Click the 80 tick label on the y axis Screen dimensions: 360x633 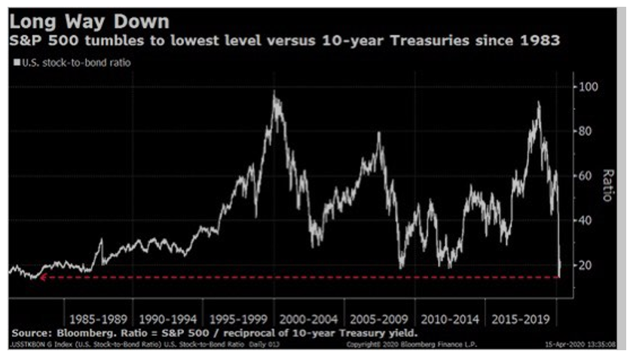[x=587, y=131]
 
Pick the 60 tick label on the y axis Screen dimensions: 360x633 [x=587, y=175]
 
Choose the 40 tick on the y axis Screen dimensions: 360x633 [x=587, y=221]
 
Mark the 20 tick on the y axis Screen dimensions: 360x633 [x=587, y=265]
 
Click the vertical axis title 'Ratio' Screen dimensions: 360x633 [x=607, y=185]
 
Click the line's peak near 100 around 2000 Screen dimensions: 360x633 [x=274, y=92]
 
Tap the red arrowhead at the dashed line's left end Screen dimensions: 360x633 [x=44, y=277]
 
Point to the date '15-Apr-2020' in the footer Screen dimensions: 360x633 [x=562, y=344]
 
